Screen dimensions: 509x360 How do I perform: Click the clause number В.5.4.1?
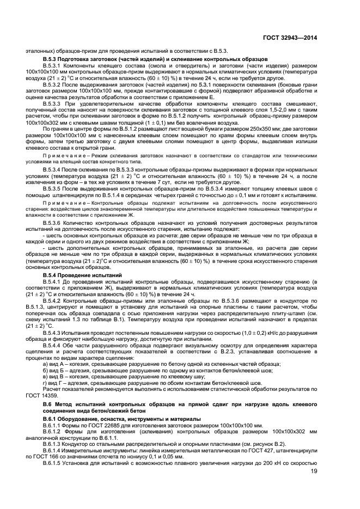coord(54,281)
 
